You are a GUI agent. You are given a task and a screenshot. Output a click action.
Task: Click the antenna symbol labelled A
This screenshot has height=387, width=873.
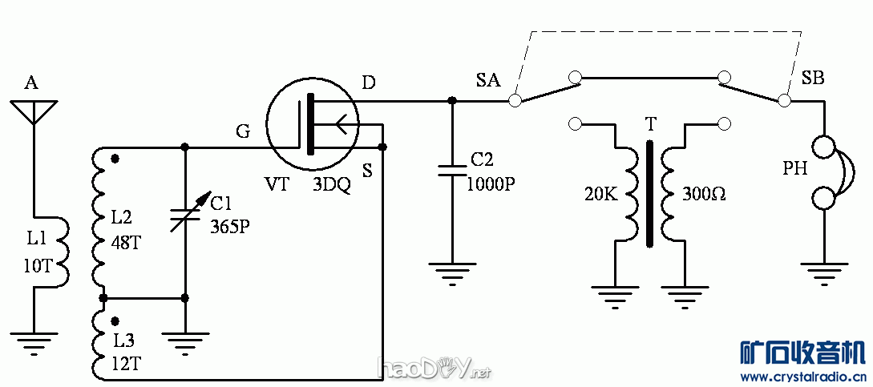pyautogui.click(x=34, y=111)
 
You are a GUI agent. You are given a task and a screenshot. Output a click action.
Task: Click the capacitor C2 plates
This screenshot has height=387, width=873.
pyautogui.click(x=452, y=169)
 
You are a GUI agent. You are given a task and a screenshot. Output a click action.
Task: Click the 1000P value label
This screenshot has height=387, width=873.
pyautogui.click(x=491, y=183)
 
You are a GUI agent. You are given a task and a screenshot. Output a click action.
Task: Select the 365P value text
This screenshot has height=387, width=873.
pyautogui.click(x=230, y=226)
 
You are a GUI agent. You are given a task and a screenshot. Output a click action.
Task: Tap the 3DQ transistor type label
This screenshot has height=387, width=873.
pyautogui.click(x=332, y=184)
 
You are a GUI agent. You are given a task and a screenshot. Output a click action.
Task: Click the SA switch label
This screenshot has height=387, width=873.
pyautogui.click(x=487, y=79)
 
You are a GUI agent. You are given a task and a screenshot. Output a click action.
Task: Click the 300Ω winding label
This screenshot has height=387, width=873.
pyautogui.click(x=704, y=194)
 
